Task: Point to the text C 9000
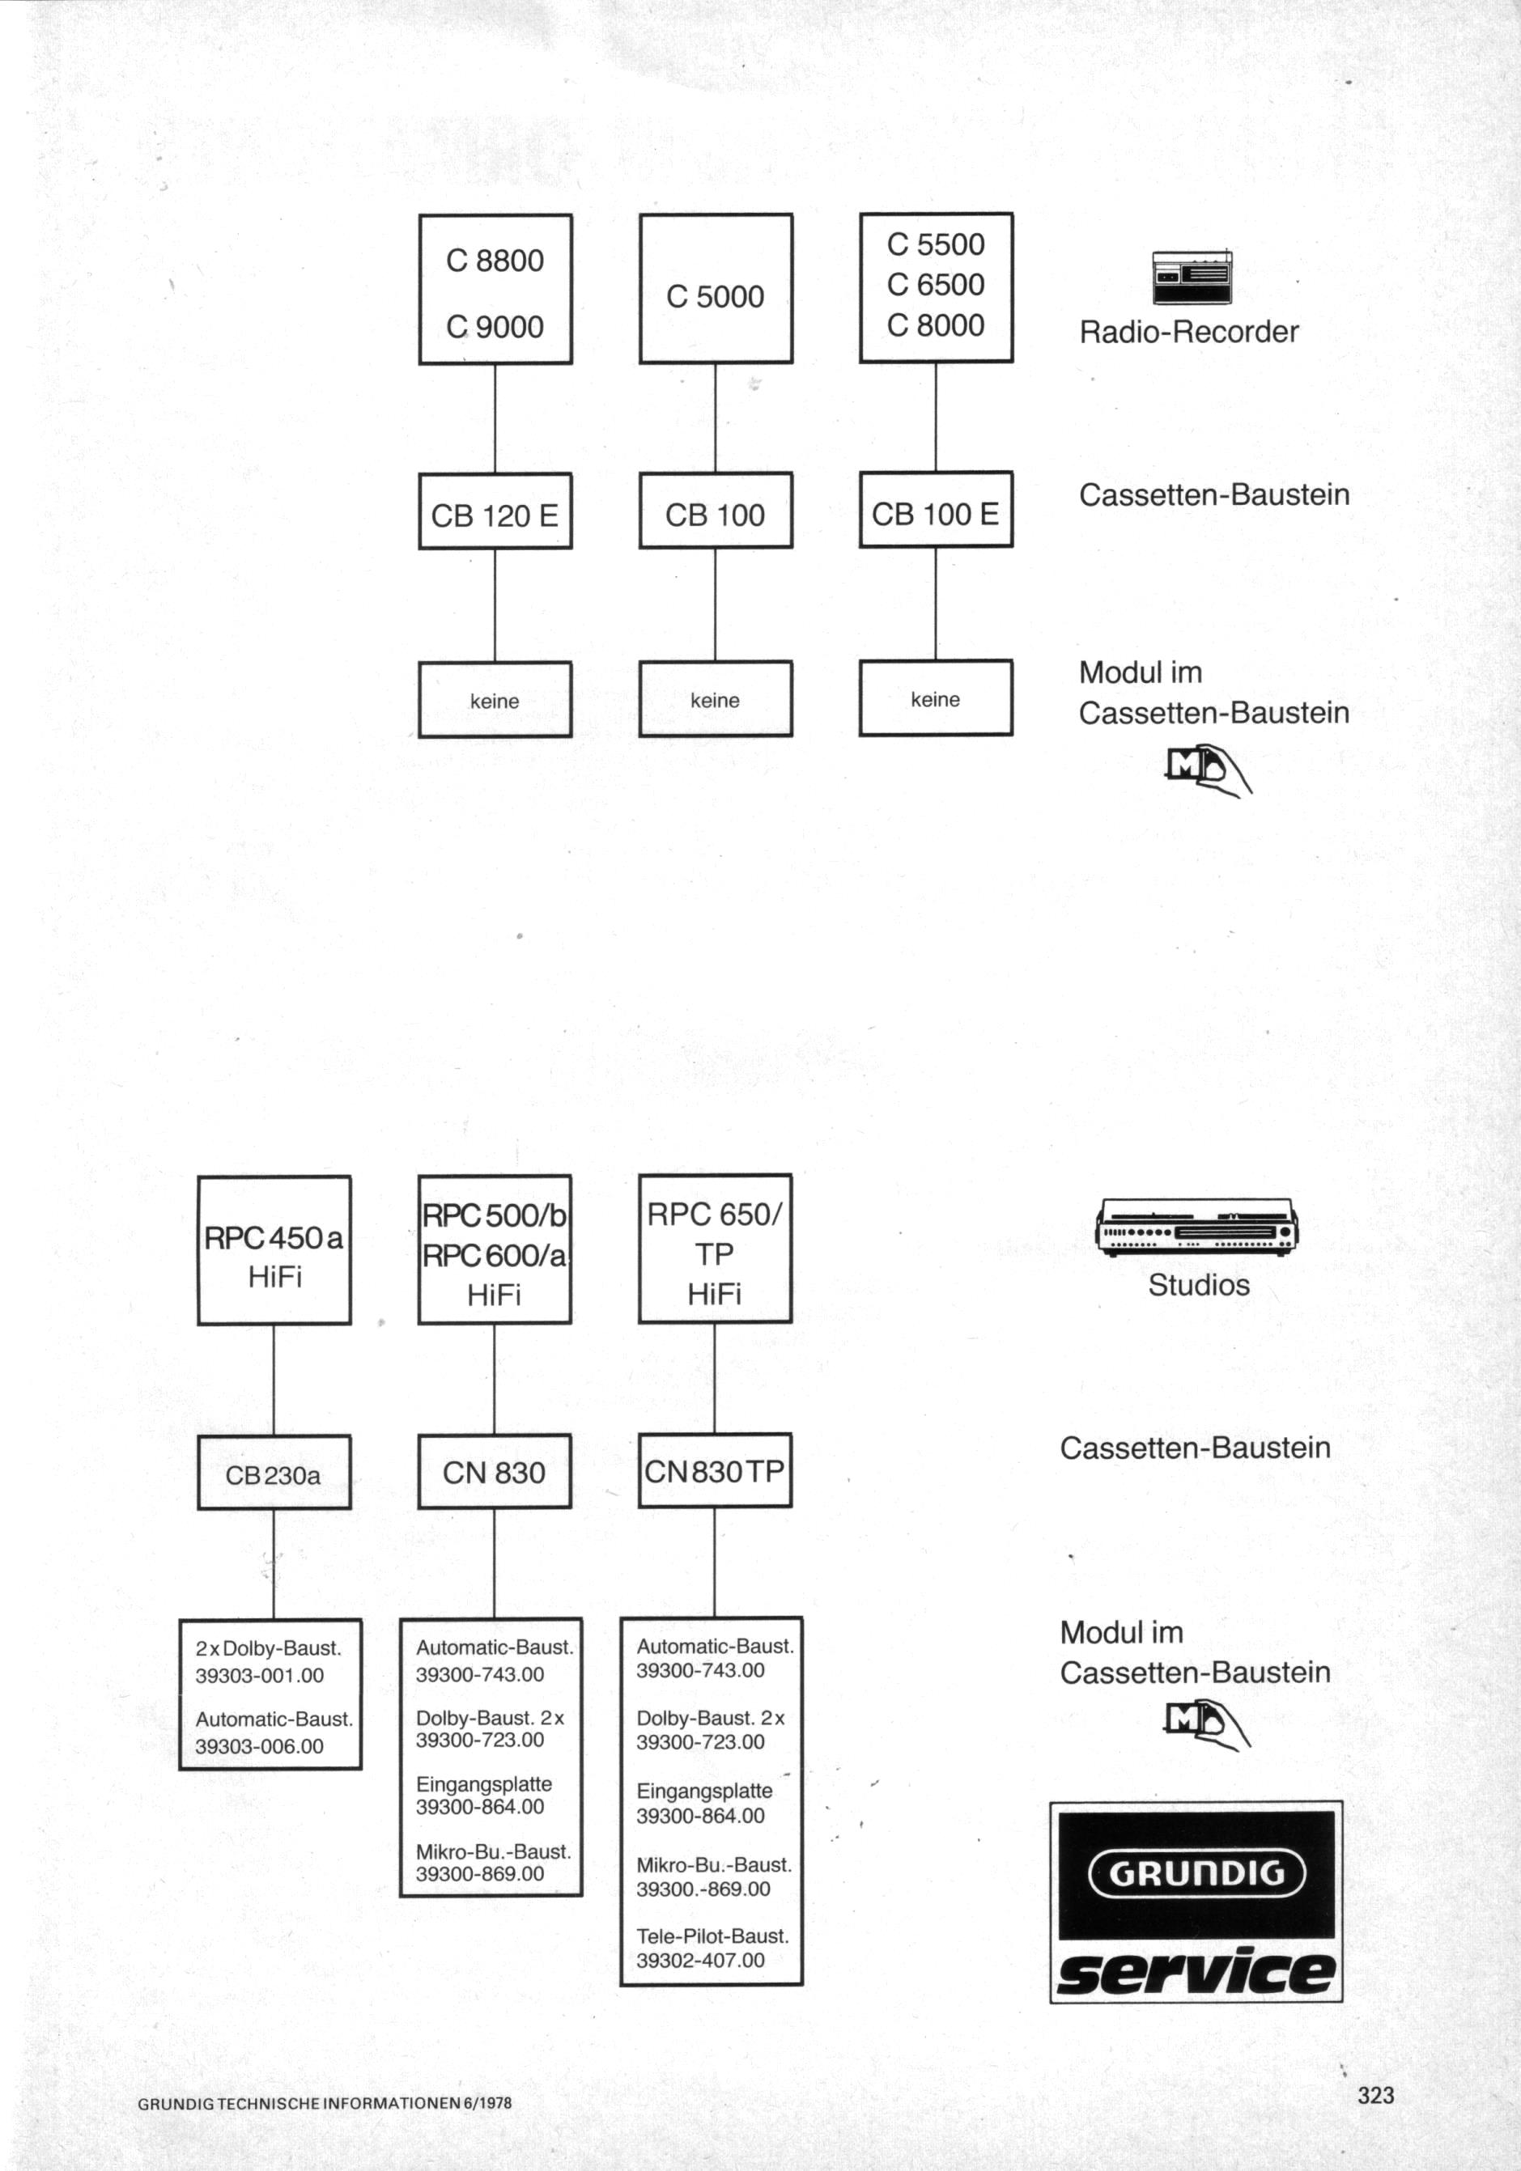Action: (x=495, y=327)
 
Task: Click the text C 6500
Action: (x=936, y=284)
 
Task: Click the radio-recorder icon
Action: (x=1192, y=277)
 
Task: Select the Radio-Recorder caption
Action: (x=1189, y=332)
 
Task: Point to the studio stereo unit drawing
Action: (x=1196, y=1227)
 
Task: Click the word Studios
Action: (x=1199, y=1285)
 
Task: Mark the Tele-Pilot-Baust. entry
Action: (x=712, y=1936)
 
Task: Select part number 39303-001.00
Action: (x=259, y=1676)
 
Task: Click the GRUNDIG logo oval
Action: (x=1196, y=1872)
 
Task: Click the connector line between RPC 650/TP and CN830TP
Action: (x=714, y=1378)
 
